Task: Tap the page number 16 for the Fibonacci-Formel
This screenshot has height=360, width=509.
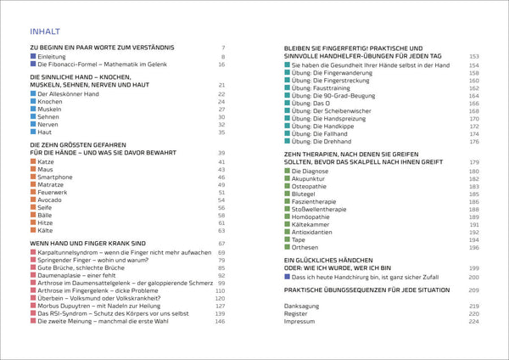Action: pyautogui.click(x=221, y=65)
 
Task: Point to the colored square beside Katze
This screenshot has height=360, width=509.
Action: pyautogui.click(x=33, y=161)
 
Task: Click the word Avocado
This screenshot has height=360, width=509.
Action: pyautogui.click(x=53, y=200)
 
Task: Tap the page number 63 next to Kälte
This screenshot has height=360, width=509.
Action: pyautogui.click(x=221, y=230)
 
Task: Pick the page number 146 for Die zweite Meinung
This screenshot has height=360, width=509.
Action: pyautogui.click(x=220, y=322)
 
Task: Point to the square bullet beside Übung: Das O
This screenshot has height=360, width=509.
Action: pyautogui.click(x=288, y=103)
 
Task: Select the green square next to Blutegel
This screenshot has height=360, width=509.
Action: pyautogui.click(x=288, y=194)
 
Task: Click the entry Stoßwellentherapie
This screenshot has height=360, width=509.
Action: pyautogui.click(x=327, y=209)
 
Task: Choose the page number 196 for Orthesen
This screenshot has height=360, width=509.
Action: pyautogui.click(x=474, y=247)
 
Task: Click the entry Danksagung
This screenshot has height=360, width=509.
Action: pyautogui.click(x=303, y=306)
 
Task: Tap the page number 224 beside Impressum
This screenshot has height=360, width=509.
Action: pyautogui.click(x=474, y=321)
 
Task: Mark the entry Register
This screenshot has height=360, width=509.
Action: pyautogui.click(x=298, y=313)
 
